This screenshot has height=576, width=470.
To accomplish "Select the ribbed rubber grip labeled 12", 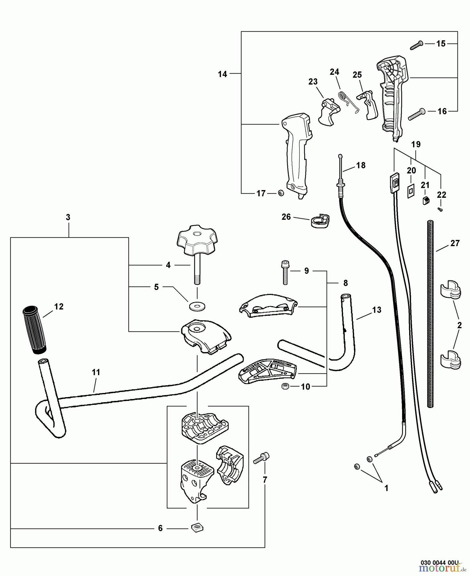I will point(35,330).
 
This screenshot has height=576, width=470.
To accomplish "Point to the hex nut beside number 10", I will point(285,386).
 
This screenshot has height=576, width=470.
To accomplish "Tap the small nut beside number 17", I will point(281,193).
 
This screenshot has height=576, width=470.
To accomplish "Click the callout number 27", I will point(455,243).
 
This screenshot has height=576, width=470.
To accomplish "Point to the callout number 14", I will point(222,74).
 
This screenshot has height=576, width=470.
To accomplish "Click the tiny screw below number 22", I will point(441,209).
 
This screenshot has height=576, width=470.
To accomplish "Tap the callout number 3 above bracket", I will point(68,217).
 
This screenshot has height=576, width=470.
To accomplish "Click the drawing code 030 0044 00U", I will point(439,562).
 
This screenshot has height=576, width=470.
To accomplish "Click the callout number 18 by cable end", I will point(361,165).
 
